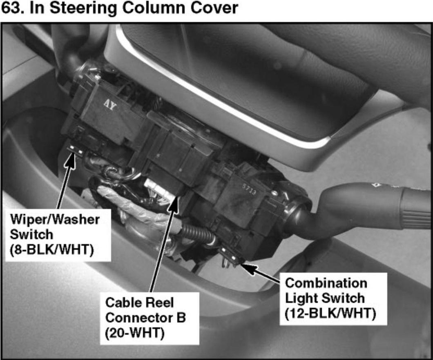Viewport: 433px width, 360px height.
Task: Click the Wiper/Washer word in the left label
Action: pos(55,220)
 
